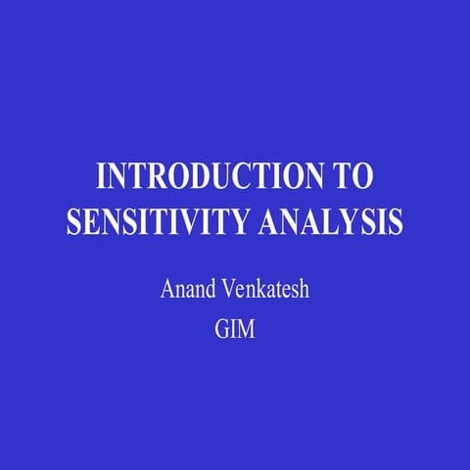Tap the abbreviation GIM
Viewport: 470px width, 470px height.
(235, 330)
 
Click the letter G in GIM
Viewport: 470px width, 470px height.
(221, 330)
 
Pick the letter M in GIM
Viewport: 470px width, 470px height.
(247, 330)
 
